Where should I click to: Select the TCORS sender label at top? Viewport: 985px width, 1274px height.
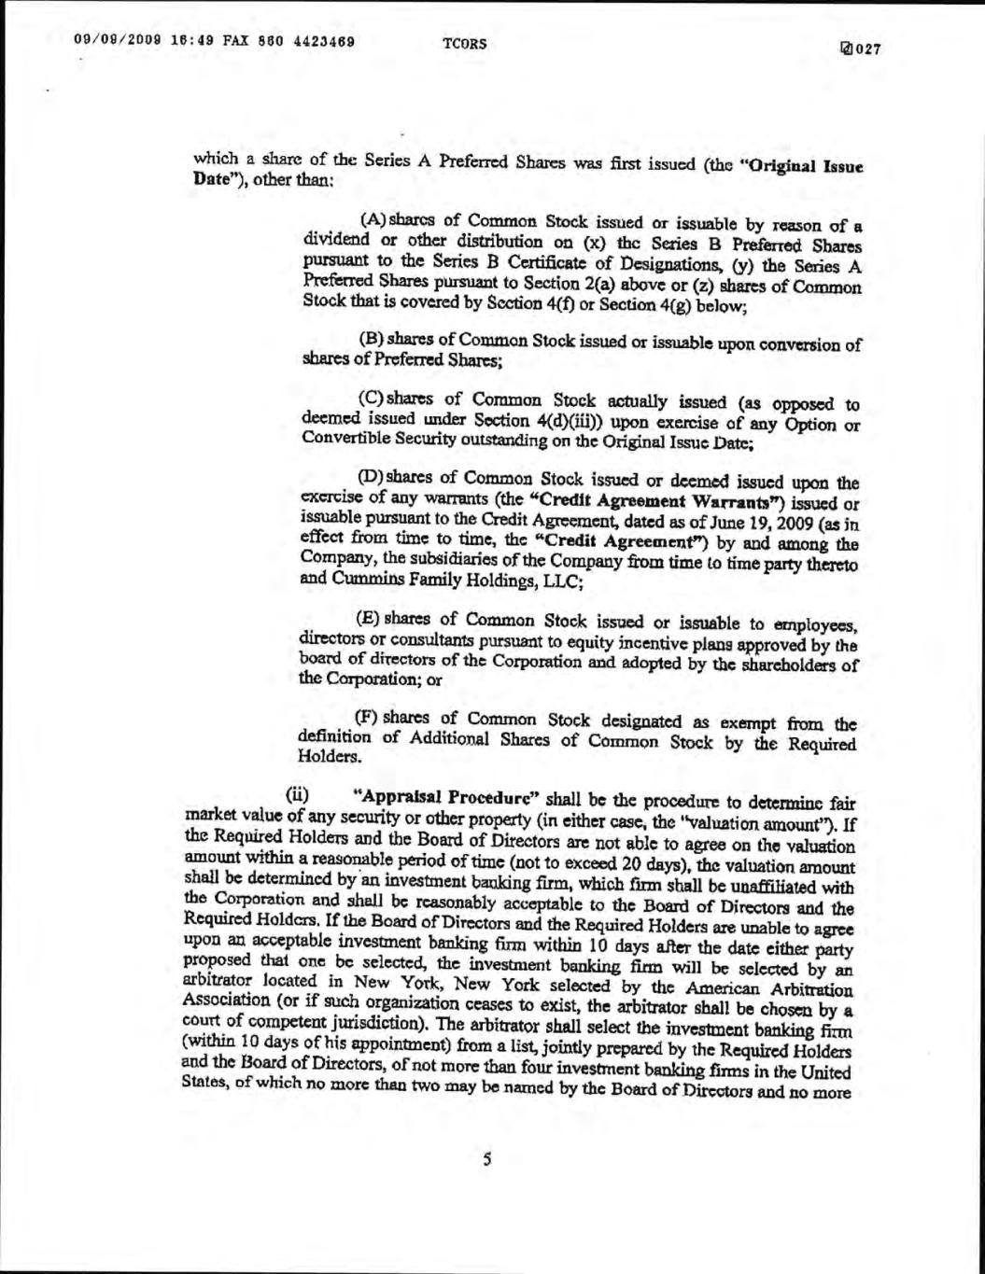pos(465,45)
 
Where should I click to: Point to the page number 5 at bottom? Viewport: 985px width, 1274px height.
pos(486,1160)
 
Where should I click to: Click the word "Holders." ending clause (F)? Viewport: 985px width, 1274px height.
pos(325,758)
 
